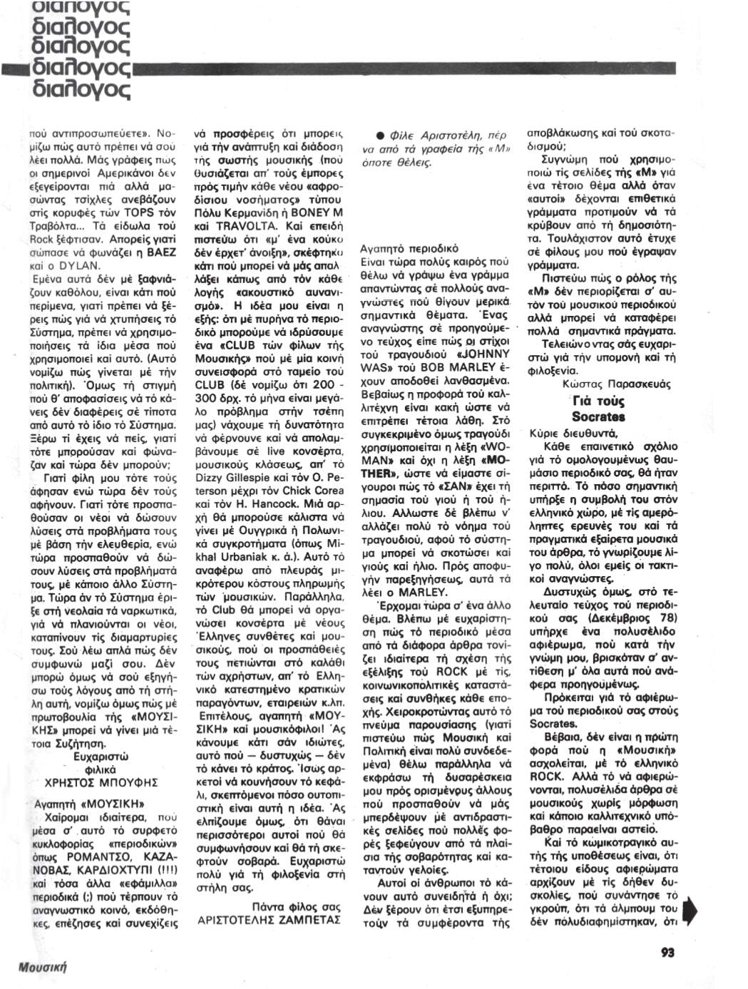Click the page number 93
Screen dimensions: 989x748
click(667, 952)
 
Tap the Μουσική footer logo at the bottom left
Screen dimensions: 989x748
click(42, 967)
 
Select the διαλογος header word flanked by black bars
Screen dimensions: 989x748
click(81, 68)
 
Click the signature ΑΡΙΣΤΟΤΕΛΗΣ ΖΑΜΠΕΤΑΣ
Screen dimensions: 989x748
click(270, 920)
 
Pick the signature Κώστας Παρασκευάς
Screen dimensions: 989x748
click(616, 384)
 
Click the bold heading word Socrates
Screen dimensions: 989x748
click(598, 417)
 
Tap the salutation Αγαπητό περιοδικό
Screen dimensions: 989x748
click(409, 249)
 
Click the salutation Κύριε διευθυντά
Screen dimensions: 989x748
click(573, 433)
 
